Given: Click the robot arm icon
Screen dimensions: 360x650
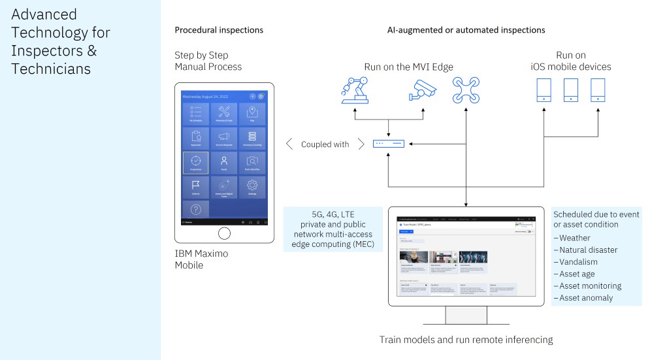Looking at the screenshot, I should pos(355,91).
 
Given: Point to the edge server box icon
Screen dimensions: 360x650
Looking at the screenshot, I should pos(388,144).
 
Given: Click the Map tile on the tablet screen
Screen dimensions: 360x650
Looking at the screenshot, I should pos(252,116).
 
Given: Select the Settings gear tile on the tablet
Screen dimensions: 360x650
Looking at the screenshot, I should pos(252,189).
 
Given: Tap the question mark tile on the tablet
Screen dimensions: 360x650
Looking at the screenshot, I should pos(195,209).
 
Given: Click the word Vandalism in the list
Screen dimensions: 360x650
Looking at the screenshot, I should pos(581,262).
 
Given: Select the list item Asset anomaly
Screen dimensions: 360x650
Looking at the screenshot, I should pos(586,298).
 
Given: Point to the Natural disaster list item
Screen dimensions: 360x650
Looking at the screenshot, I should pos(588,250).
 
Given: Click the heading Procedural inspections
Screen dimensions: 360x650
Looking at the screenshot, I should pos(219,30).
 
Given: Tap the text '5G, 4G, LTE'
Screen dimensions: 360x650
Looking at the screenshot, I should pos(333,214).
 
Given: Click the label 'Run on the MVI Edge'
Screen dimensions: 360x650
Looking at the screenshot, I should pos(408,67).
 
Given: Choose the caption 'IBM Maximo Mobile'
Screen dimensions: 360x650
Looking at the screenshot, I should pos(202,259).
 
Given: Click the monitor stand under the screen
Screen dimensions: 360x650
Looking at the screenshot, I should pos(466,314).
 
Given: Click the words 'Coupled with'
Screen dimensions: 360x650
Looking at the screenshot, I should pos(325,144).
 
